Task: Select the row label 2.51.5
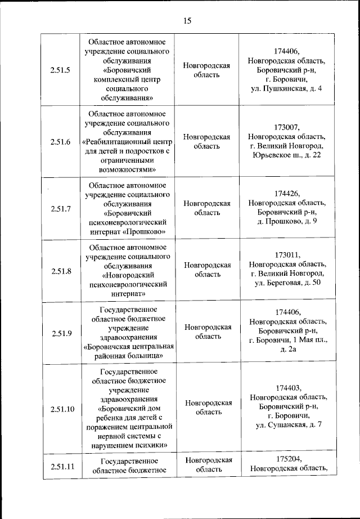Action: coord(60,70)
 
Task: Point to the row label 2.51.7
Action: coord(60,209)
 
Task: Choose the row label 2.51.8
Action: coord(60,271)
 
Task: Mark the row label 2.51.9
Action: coord(60,333)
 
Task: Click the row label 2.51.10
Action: coord(62,409)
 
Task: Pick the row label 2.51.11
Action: coord(62,466)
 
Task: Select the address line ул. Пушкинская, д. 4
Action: coord(287,88)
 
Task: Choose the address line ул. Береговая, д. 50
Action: coord(287,283)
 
